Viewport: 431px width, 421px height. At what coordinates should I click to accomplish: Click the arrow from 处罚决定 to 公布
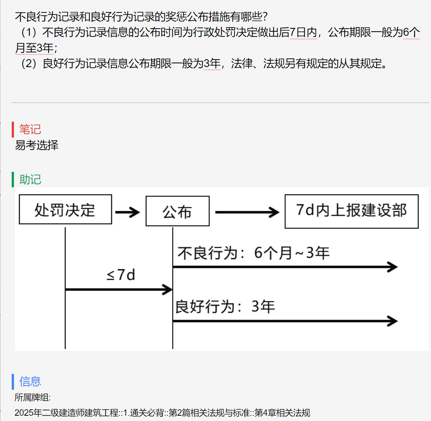tap(127, 212)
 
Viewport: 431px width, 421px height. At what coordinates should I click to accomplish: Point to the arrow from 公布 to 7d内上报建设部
tap(247, 212)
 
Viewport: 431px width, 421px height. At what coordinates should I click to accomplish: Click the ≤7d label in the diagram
tap(121, 274)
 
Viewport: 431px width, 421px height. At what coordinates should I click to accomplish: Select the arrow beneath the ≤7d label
tap(119, 289)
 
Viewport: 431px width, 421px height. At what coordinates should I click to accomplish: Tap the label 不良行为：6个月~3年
tap(253, 253)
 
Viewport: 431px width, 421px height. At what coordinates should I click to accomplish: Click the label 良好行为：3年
tap(225, 306)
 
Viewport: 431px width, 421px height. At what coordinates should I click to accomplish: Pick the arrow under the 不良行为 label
tap(285, 267)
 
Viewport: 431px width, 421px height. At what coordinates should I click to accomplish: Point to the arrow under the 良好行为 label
tap(285, 321)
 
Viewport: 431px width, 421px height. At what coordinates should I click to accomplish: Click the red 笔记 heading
tap(30, 129)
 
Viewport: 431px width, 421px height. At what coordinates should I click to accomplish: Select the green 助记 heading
tap(30, 180)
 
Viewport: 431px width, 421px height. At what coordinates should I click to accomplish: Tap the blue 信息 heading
tap(30, 382)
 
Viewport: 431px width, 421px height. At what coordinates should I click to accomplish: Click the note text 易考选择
tap(37, 145)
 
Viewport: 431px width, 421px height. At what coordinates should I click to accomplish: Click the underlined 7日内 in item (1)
tap(304, 32)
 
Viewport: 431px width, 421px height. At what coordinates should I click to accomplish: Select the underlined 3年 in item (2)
tap(212, 63)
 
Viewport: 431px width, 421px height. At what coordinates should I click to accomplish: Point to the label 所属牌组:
tap(32, 397)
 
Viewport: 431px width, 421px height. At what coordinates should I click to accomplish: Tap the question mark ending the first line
tap(265, 17)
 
